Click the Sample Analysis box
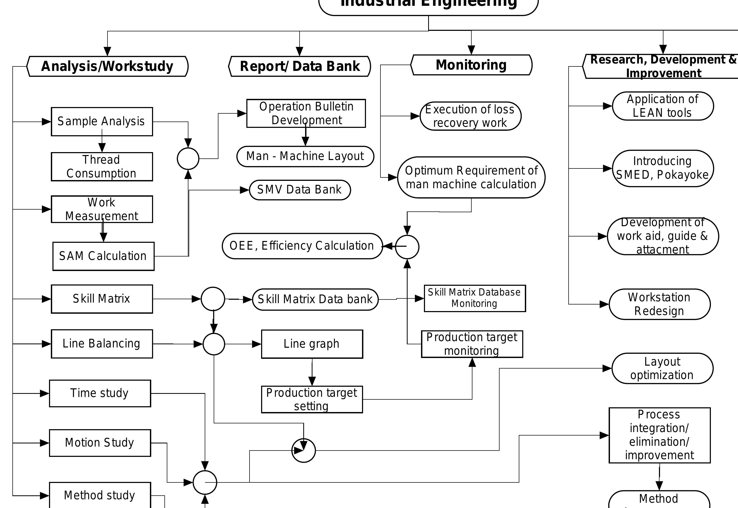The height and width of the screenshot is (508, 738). pyautogui.click(x=102, y=122)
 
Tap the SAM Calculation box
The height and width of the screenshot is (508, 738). pyautogui.click(x=103, y=256)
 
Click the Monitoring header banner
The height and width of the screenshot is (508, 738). pyautogui.click(x=471, y=65)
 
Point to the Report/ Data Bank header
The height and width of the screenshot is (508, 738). pyautogui.click(x=300, y=66)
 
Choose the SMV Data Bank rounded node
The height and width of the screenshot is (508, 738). pyautogui.click(x=300, y=190)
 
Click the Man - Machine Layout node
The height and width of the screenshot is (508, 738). pyautogui.click(x=305, y=156)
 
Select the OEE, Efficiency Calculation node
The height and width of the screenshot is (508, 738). pyautogui.click(x=302, y=246)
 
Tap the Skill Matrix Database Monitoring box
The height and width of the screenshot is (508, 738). pyautogui.click(x=475, y=298)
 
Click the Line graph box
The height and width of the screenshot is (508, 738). pyautogui.click(x=312, y=344)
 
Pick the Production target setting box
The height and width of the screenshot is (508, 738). pyautogui.click(x=312, y=399)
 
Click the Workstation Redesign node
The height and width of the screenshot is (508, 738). pyautogui.click(x=659, y=304)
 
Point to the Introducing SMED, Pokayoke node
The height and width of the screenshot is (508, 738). pyautogui.click(x=663, y=168)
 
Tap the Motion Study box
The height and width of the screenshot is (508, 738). pyautogui.click(x=100, y=443)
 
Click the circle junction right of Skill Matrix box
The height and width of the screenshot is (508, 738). pyautogui.click(x=213, y=299)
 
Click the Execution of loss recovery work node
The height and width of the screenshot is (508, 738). pyautogui.click(x=470, y=116)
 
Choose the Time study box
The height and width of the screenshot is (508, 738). pyautogui.click(x=100, y=393)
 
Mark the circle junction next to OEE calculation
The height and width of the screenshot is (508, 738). pyautogui.click(x=407, y=247)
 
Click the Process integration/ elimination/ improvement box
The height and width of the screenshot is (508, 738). pyautogui.click(x=659, y=435)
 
